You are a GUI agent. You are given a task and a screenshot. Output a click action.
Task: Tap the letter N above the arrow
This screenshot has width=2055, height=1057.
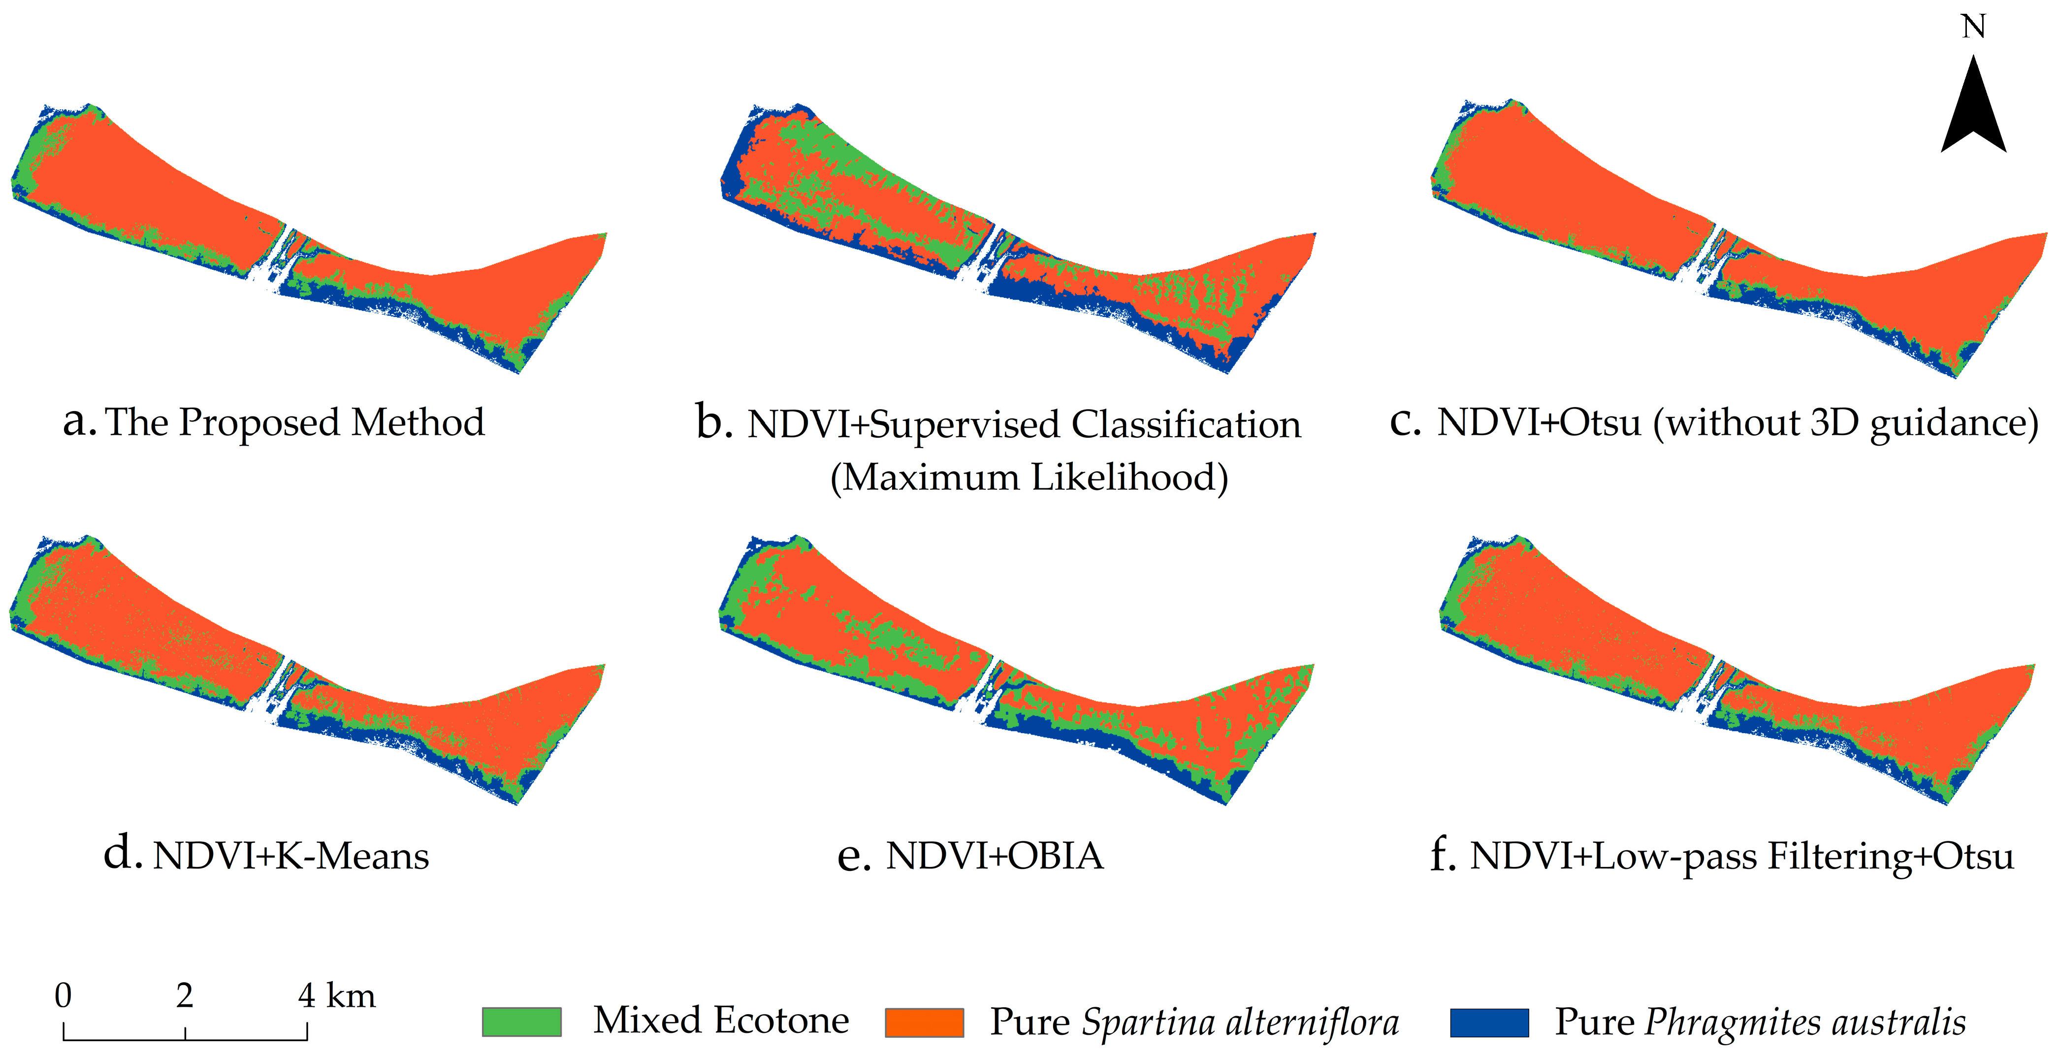click(1974, 27)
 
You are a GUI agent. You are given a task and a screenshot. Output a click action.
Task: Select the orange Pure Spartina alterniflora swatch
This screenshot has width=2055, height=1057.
click(925, 1022)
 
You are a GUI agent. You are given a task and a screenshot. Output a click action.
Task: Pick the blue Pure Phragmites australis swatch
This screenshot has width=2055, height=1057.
click(1489, 1022)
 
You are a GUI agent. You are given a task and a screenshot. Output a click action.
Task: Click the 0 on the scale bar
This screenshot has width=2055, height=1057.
click(63, 995)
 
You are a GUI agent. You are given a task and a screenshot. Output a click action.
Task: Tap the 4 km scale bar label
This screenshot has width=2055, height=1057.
click(336, 995)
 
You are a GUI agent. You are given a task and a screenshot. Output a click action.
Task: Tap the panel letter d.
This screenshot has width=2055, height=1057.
click(122, 854)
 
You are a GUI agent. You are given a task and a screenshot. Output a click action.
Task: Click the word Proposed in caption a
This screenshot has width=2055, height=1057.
click(259, 423)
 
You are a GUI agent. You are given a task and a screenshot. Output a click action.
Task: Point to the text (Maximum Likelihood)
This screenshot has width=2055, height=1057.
click(1029, 477)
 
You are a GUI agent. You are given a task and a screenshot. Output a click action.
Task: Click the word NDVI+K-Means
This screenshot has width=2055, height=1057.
click(291, 856)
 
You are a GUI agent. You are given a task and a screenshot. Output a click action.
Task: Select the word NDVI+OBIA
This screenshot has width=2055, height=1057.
click(995, 856)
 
